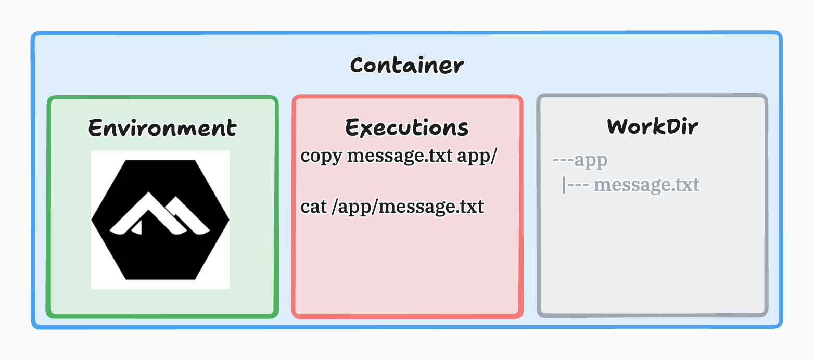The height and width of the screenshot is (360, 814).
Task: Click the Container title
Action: tap(406, 66)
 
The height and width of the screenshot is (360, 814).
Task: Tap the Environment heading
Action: tap(162, 127)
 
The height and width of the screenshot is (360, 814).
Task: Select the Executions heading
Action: tap(407, 127)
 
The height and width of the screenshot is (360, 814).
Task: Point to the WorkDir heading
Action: tap(652, 126)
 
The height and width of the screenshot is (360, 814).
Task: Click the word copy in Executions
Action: tap(321, 156)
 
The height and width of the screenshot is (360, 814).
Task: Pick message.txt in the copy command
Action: tap(399, 156)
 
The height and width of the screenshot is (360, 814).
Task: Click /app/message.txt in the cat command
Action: tap(408, 207)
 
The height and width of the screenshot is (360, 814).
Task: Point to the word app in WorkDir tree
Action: tap(591, 160)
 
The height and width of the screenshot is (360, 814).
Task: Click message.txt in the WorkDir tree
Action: tap(646, 185)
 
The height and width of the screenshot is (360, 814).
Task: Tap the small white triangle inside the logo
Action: tap(137, 227)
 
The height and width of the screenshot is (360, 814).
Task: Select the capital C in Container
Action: tap(357, 66)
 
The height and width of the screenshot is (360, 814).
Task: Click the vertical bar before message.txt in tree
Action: tap(564, 185)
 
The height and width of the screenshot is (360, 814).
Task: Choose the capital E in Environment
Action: tap(95, 127)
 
